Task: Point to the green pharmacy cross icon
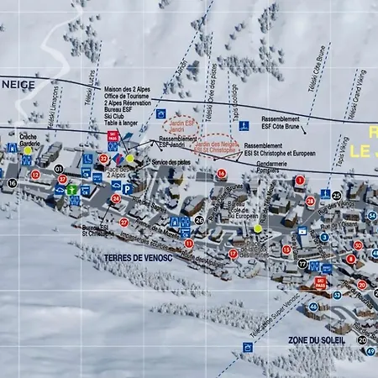click(x=74, y=190)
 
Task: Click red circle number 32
click(x=103, y=158)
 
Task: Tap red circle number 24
click(x=115, y=199)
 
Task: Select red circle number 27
click(x=123, y=223)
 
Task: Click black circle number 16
click(x=12, y=182)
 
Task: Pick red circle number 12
click(x=36, y=175)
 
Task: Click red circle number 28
click(x=310, y=201)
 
